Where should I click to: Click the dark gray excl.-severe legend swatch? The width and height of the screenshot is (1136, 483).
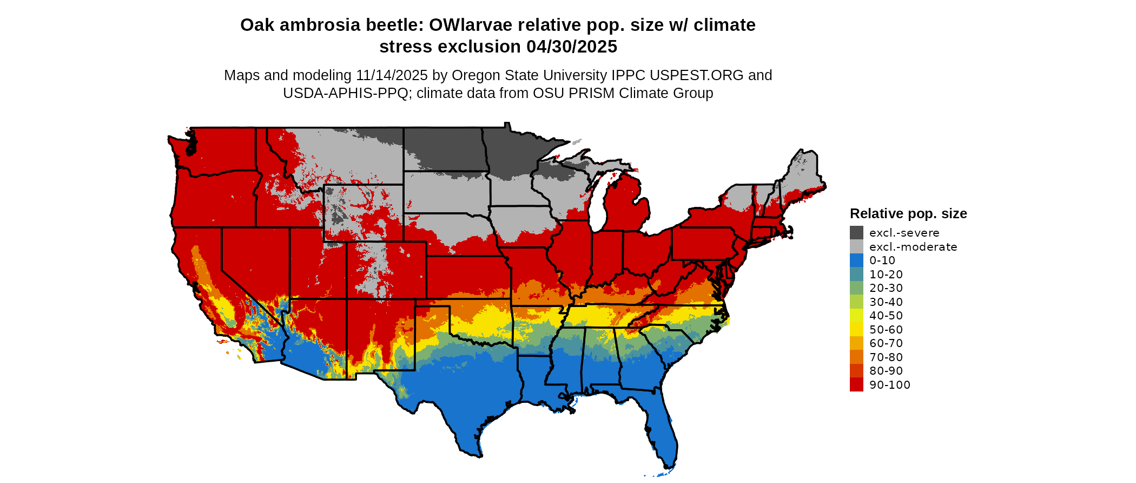pos(856,233)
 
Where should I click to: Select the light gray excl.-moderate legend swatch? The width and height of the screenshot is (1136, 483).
pos(856,247)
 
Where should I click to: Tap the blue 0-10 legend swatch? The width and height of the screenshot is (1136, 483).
pos(856,260)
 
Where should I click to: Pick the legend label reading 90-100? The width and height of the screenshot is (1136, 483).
pos(889,385)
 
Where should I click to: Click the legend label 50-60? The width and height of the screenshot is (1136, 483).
pos(886,330)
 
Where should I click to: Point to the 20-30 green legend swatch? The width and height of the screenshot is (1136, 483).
pos(856,288)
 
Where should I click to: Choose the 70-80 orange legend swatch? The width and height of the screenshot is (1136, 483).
pos(856,357)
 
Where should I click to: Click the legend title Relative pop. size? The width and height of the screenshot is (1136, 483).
pos(908,213)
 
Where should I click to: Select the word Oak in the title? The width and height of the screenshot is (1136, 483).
pos(256,25)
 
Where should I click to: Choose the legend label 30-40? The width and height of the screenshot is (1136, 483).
pos(886,302)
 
